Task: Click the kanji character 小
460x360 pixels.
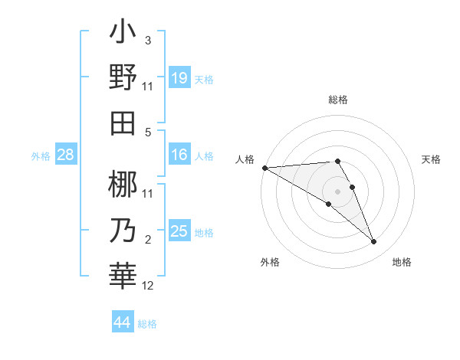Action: point(123,35)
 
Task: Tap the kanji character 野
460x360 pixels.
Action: point(123,78)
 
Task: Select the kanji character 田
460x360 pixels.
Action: point(123,122)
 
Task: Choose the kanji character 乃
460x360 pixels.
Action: point(123,229)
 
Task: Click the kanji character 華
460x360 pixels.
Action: point(123,273)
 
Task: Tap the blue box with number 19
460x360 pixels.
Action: point(179,77)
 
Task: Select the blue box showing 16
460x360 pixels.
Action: point(179,155)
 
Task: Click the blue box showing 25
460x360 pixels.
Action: point(179,231)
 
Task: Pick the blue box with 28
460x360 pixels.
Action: point(65,155)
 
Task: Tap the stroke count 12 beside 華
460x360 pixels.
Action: point(148,286)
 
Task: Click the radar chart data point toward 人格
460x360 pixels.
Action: point(264,168)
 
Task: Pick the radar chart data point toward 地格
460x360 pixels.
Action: point(373,242)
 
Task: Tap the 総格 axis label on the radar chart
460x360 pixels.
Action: point(337,100)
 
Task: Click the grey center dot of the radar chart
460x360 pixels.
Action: point(337,191)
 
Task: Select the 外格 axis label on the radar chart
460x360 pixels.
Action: point(270,262)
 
